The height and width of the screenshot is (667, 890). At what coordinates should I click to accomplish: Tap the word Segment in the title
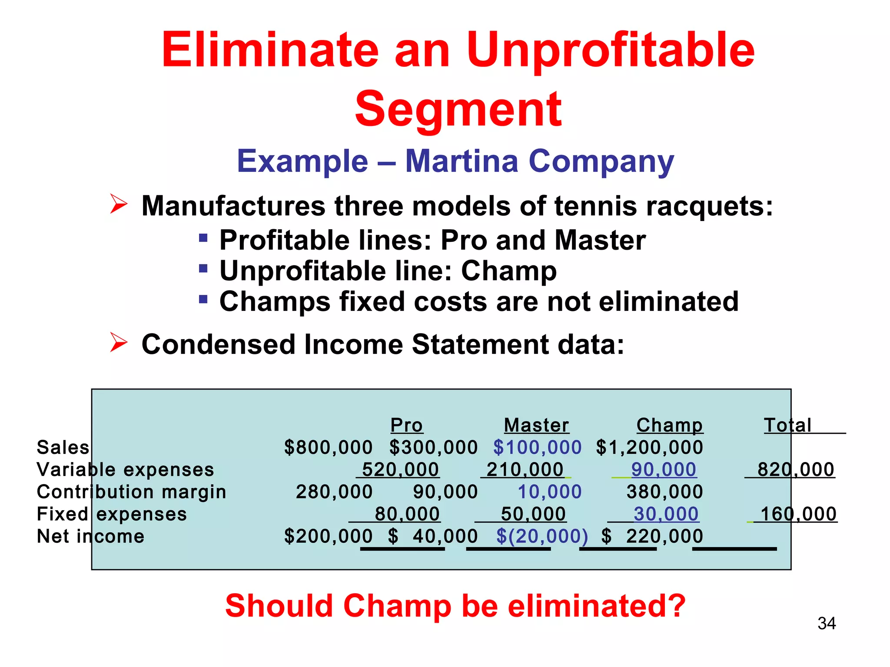[458, 109]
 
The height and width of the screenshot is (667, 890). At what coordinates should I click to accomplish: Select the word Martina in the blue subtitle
[462, 161]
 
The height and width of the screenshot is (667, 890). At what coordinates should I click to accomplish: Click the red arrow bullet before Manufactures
[118, 204]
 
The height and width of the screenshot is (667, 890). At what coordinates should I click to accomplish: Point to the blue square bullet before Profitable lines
[203, 238]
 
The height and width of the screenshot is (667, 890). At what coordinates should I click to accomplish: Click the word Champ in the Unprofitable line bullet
[508, 271]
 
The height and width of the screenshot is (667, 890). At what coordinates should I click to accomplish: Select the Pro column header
[406, 425]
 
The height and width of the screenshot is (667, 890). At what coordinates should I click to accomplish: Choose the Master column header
[536, 425]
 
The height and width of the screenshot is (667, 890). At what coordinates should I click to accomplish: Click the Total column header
[787, 425]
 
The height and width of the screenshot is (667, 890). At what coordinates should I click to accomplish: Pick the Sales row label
[63, 447]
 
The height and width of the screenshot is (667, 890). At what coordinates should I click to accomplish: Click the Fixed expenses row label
[112, 514]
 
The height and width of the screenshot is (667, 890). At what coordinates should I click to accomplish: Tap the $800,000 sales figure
[328, 447]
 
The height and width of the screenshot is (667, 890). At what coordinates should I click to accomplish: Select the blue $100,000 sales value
[537, 447]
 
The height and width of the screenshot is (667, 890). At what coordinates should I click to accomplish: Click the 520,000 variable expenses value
[400, 469]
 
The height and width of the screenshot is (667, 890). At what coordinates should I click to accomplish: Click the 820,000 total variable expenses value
[796, 469]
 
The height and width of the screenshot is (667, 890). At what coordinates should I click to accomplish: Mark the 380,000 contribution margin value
[664, 492]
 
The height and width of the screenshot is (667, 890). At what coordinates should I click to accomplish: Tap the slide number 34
[827, 624]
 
